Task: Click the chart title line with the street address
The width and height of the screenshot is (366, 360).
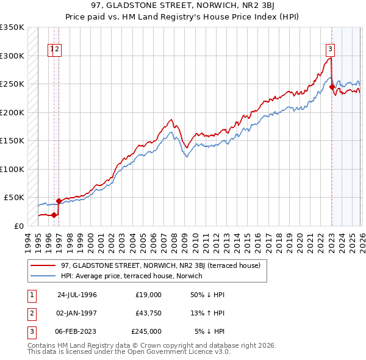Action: tap(182, 6)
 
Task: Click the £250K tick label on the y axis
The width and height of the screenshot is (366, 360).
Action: tap(12, 84)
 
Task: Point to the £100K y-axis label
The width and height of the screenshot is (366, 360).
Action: tap(12, 169)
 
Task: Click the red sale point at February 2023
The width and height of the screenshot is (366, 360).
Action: tap(332, 87)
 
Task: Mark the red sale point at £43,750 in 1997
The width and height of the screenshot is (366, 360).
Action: tap(59, 201)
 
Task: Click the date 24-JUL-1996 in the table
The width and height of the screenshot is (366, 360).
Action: tap(77, 295)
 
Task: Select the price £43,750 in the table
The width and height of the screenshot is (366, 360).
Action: tap(146, 313)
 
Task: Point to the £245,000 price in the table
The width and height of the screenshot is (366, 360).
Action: tap(146, 331)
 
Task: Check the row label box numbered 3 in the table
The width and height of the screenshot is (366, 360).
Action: tap(30, 331)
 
